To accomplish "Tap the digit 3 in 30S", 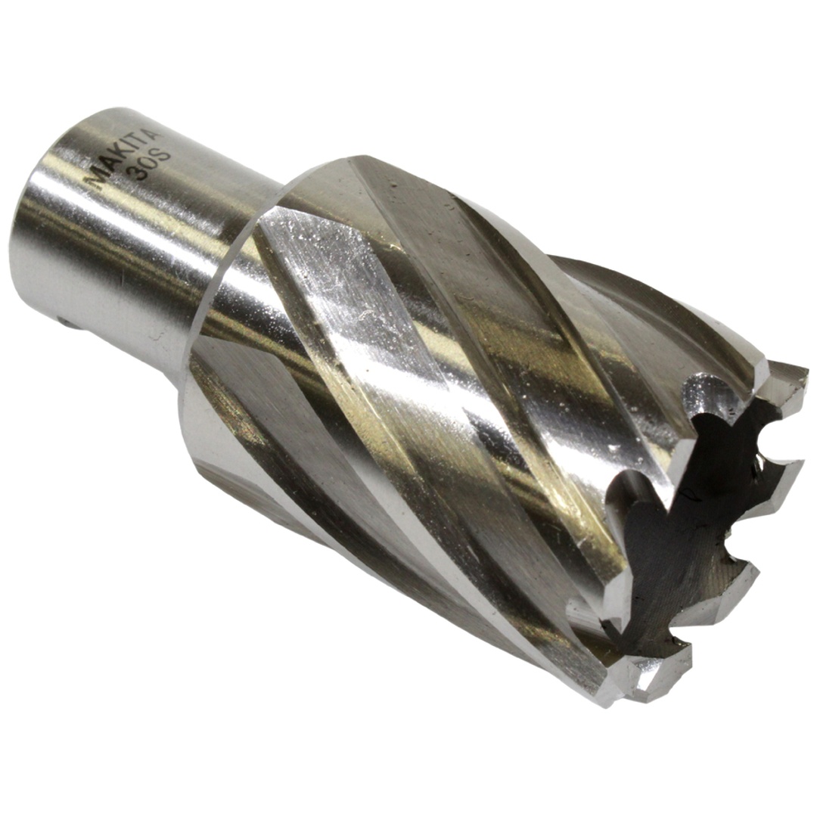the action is coord(139,173).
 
